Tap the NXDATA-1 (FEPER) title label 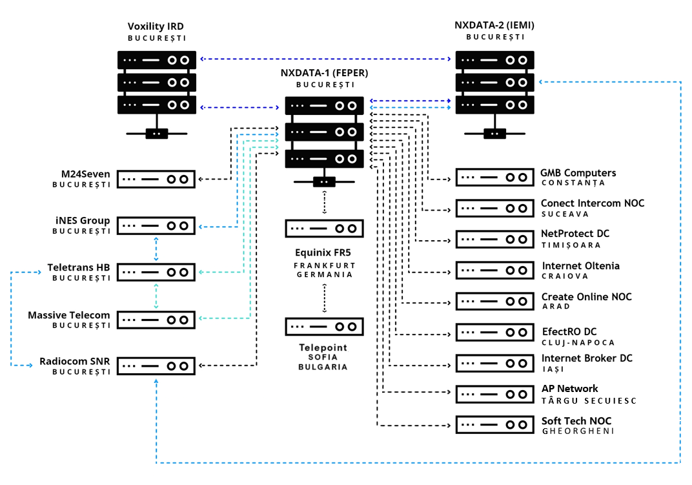coord(324,72)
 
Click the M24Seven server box coord(156,179)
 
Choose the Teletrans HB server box coord(156,273)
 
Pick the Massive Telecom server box coord(156,319)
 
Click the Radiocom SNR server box coord(156,366)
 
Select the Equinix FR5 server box coord(324,228)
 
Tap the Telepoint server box coord(324,326)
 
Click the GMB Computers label coord(578,173)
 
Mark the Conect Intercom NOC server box coord(495,208)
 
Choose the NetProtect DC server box coord(495,239)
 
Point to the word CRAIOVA coord(565,276)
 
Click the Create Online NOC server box coord(495,301)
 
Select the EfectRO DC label coord(569,333)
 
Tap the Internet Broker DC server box coord(495,363)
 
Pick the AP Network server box coord(495,394)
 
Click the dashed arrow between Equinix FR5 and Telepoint coord(324,298)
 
